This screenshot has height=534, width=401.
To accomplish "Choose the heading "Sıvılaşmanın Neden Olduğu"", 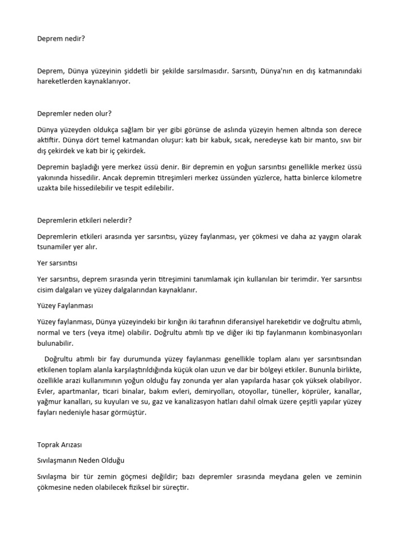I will (81, 460).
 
